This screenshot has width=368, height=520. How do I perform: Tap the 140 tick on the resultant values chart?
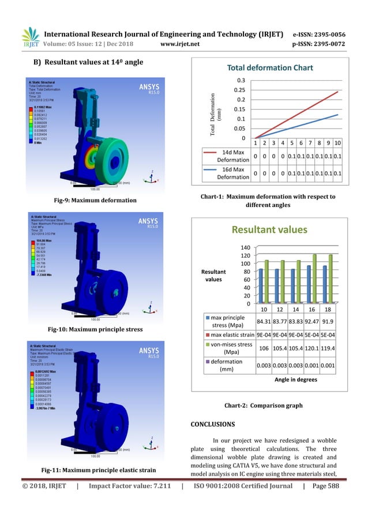245,247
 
